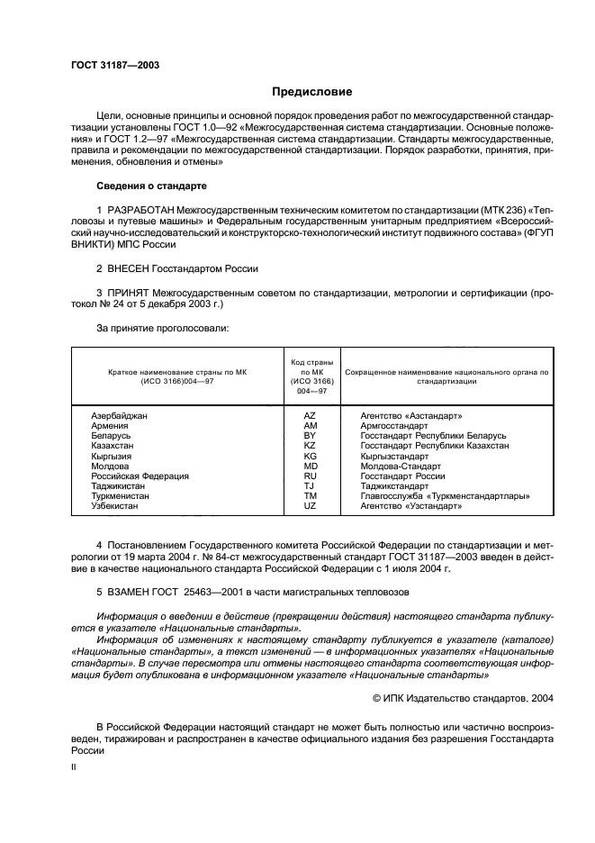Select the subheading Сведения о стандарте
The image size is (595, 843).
151,186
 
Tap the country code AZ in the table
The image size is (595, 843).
310,416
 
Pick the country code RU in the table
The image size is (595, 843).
310,476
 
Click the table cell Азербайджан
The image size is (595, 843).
119,416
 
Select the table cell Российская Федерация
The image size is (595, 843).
140,476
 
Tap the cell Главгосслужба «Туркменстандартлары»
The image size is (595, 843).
445,495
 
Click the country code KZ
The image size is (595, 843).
310,446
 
